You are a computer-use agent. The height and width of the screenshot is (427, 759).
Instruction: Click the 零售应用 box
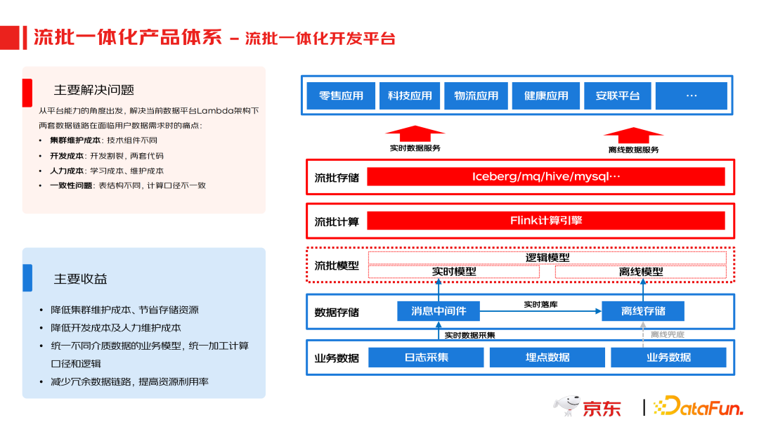(341, 96)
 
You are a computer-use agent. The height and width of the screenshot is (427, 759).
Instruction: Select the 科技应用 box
(410, 96)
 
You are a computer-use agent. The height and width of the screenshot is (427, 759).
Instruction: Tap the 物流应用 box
(476, 96)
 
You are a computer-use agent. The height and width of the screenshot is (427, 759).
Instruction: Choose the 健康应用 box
(546, 96)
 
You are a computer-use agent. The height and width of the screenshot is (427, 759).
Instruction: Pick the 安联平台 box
(618, 96)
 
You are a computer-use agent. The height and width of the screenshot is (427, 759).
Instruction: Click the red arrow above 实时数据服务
(415, 134)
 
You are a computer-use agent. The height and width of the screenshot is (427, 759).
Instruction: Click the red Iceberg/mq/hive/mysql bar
(545, 177)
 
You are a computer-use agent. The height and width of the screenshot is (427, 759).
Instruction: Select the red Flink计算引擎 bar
(545, 221)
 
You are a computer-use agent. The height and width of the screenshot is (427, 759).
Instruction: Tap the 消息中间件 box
(438, 311)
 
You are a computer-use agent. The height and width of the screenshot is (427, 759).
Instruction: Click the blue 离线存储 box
(643, 311)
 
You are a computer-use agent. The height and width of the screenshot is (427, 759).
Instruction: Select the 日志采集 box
(426, 357)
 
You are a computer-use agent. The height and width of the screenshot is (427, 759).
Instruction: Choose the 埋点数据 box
(547, 357)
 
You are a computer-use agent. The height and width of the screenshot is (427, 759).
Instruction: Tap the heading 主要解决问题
(94, 90)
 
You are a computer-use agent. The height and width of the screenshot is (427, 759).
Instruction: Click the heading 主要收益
(81, 279)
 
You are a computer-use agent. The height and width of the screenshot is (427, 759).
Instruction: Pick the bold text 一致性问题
(70, 185)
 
